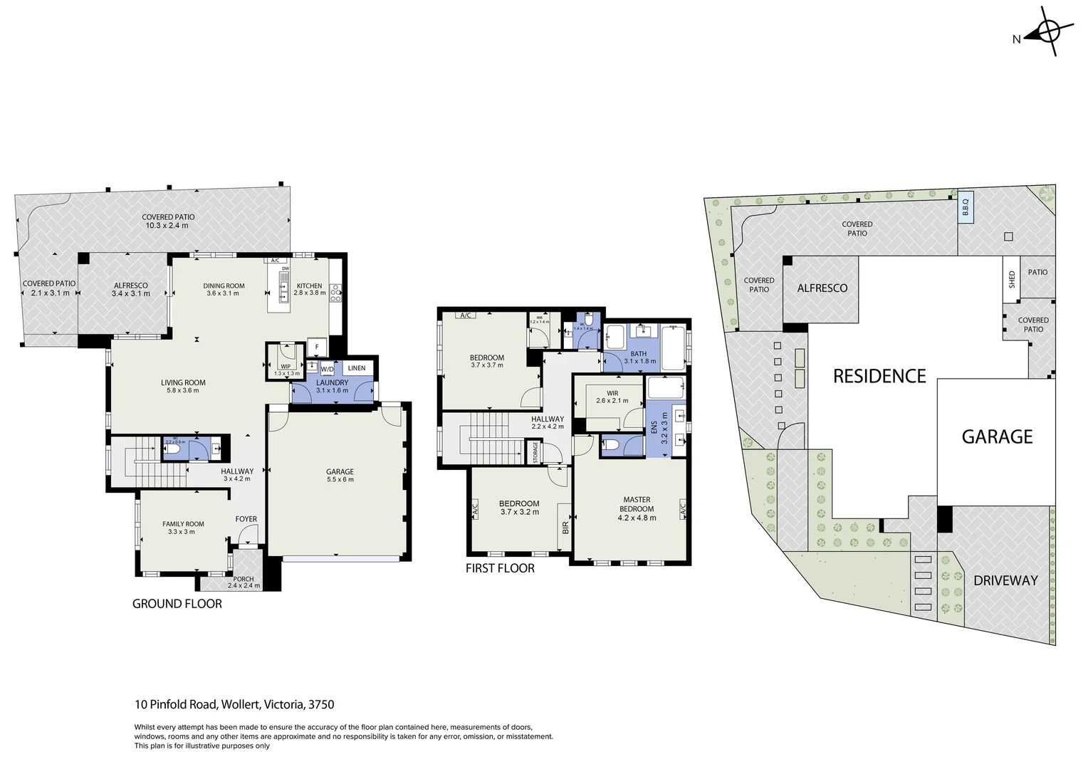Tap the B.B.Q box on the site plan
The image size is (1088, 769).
pos(966,208)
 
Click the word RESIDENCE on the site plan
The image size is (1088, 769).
pos(879,376)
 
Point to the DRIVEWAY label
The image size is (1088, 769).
pos(1005,580)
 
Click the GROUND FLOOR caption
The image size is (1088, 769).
pos(177,604)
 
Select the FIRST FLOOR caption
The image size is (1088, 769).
pos(500,568)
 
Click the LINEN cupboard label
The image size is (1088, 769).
pos(357,368)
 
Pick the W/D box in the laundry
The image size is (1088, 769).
pos(327,369)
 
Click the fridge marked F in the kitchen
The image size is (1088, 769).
pos(317,347)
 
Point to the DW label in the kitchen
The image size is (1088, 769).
pos(285,268)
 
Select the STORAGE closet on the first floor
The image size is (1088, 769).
pos(535,452)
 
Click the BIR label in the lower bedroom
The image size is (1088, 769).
pos(565,527)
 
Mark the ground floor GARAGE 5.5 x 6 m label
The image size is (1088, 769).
pos(340,475)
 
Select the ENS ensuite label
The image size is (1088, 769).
pos(655,428)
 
